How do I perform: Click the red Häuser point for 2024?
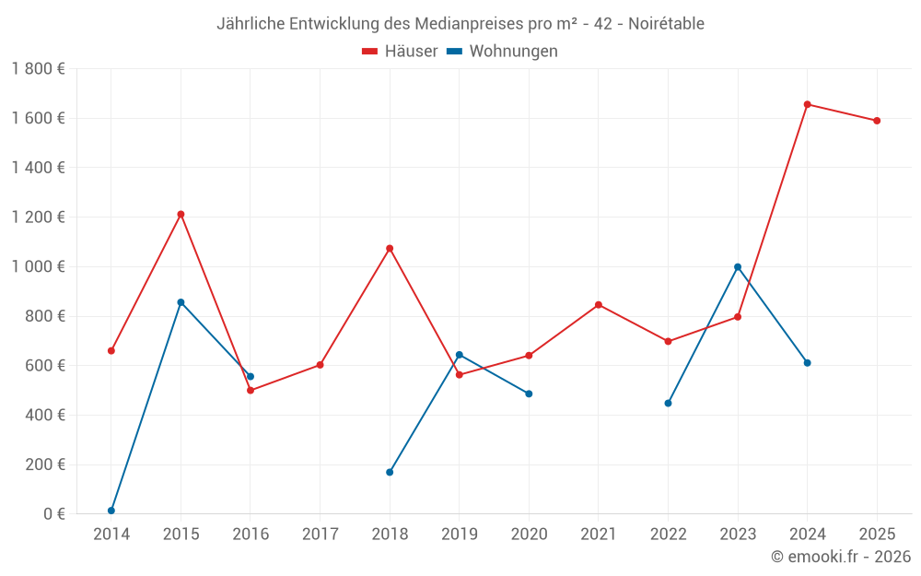point(807,104)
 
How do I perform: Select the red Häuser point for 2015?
point(181,214)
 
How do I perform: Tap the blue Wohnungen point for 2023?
point(738,267)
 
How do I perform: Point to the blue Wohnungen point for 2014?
point(111,511)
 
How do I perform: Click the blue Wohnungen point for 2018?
point(390,472)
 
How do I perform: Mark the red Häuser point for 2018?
point(390,248)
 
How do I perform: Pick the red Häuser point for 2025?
point(877,121)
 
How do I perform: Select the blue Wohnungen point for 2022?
point(668,403)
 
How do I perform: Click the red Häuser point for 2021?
point(599,304)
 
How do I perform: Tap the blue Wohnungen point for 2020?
point(529,394)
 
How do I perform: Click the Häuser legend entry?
point(400,52)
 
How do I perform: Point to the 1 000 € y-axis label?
point(38,266)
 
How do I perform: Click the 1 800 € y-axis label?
point(38,68)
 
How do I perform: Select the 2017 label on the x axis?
point(320,534)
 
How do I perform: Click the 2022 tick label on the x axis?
point(668,534)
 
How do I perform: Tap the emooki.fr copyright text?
point(840,557)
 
